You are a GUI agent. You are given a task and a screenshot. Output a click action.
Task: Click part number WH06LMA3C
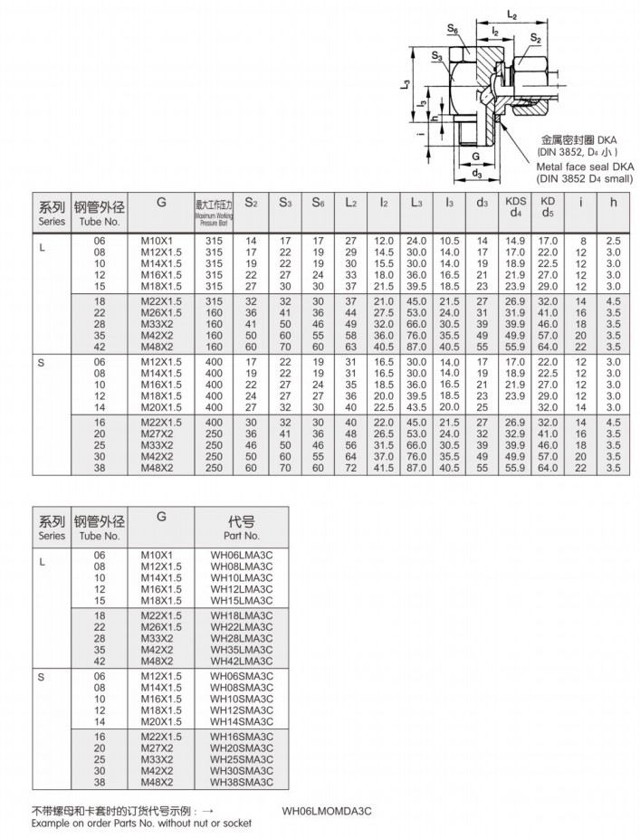(x=242, y=554)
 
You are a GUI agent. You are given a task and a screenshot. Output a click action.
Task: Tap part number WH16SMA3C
(x=242, y=737)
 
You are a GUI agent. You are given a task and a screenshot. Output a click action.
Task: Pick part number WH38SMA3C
(x=242, y=782)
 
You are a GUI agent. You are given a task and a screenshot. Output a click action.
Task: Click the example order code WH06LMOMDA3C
(x=327, y=811)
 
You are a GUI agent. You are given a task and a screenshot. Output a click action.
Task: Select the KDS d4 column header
(x=515, y=207)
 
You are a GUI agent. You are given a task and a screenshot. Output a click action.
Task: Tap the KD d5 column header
(x=548, y=207)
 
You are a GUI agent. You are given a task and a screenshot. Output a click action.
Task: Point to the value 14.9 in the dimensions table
(x=515, y=240)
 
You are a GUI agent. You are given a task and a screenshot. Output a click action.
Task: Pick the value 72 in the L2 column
(x=350, y=468)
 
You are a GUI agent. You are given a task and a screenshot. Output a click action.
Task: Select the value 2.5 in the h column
(x=613, y=240)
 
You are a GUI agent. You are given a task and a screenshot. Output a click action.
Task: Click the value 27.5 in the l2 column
(x=384, y=312)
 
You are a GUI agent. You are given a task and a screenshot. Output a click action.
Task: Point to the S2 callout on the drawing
(x=536, y=38)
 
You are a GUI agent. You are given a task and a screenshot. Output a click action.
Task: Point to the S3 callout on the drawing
(x=436, y=56)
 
